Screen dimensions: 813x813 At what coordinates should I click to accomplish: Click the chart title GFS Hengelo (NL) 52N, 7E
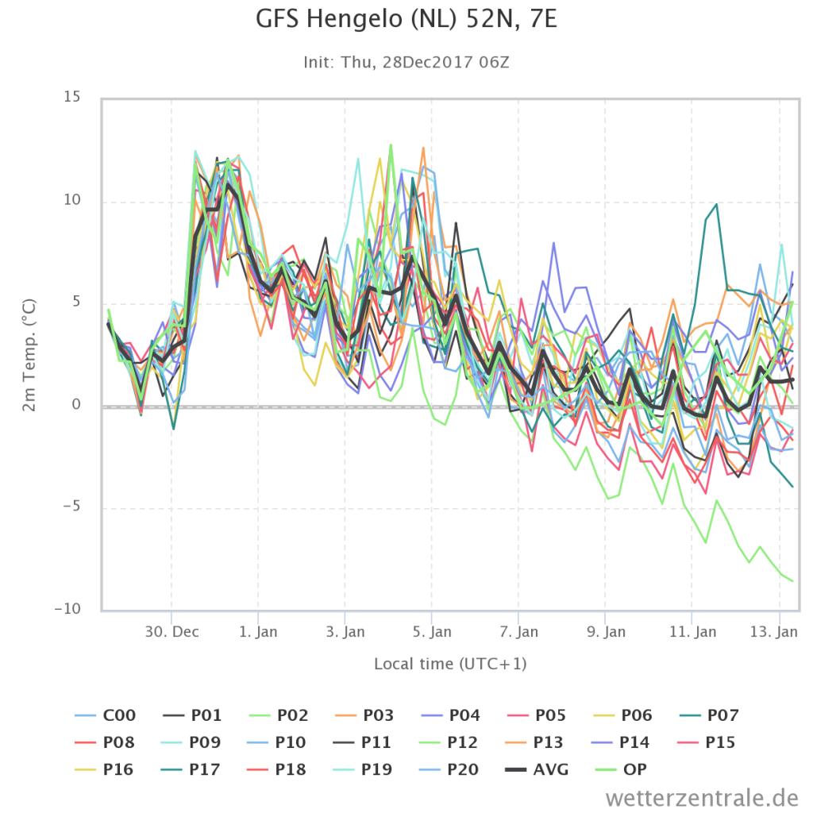406,20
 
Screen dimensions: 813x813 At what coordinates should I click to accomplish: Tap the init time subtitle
406,62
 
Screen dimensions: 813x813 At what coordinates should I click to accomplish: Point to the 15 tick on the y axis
72,97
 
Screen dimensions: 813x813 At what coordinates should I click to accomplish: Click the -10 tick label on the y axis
68,609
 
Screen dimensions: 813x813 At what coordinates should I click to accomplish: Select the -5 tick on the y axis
71,506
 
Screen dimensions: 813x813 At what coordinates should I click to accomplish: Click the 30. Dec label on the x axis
171,631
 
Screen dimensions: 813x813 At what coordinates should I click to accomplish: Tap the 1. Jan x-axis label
258,631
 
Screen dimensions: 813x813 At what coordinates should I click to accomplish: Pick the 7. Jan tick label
519,631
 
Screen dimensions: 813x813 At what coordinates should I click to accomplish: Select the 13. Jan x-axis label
774,631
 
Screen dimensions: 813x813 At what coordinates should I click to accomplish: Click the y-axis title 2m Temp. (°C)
29,355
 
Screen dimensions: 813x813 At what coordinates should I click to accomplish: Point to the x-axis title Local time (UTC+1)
450,664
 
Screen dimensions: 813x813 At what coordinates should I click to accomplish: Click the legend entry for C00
106,715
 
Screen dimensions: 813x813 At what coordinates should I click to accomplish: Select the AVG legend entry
537,769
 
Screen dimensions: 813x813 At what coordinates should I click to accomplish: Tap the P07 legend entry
709,715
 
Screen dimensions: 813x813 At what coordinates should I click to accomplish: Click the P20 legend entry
449,769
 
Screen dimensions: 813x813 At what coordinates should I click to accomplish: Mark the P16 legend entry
104,769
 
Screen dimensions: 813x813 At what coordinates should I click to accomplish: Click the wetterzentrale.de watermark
702,797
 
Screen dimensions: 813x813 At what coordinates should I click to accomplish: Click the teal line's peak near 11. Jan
717,204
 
